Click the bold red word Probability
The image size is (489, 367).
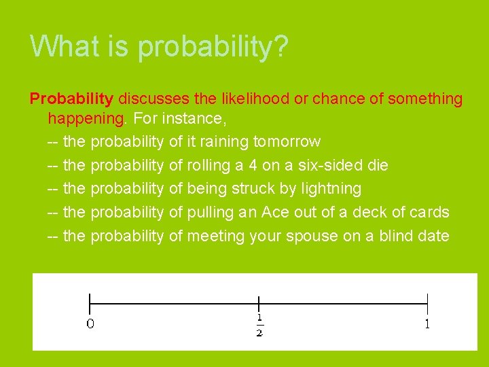point(71,99)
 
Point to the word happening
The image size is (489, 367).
point(86,119)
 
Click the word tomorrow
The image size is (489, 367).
point(287,142)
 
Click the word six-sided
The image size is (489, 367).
point(334,165)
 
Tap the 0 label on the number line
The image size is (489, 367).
point(90,324)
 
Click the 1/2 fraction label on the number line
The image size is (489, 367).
point(259,325)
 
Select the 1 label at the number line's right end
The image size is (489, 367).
point(427,324)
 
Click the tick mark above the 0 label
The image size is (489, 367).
point(90,304)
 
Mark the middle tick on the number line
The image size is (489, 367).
point(259,304)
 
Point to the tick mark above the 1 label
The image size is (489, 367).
point(427,304)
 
